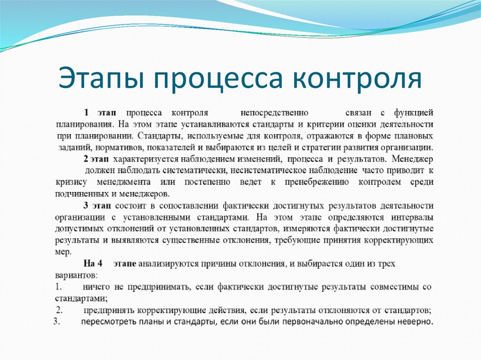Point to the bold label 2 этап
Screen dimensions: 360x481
click(95, 159)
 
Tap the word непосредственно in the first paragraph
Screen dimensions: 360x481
click(274, 113)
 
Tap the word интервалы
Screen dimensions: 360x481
click(413, 217)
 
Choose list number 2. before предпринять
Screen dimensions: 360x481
click(59, 310)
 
